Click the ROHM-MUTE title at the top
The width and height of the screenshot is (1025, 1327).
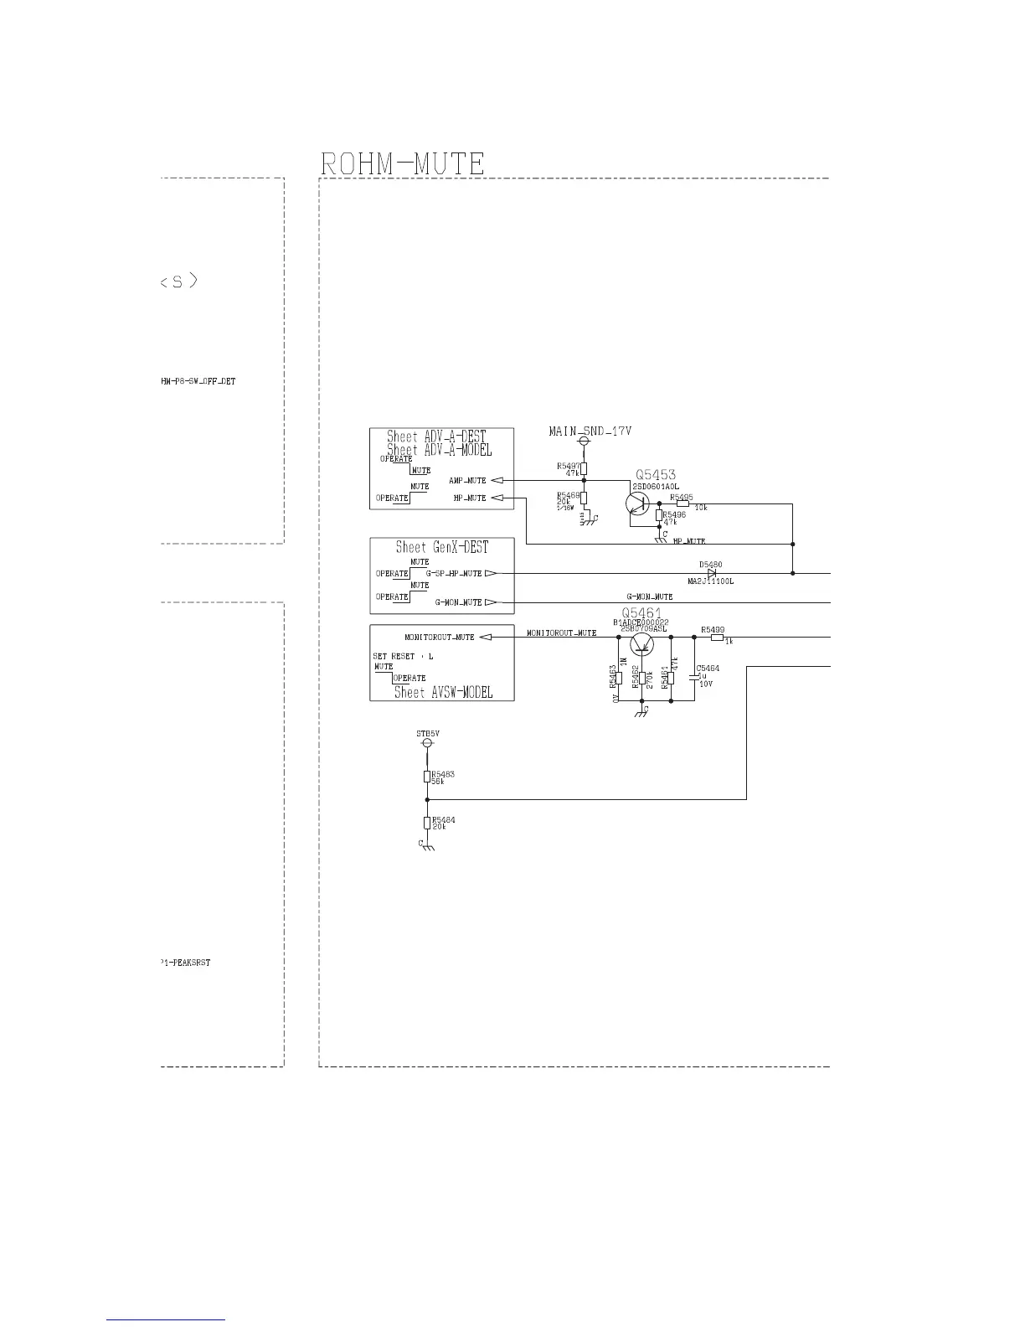tap(403, 163)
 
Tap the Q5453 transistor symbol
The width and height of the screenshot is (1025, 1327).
tap(638, 503)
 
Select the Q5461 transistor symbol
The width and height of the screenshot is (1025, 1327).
tap(642, 644)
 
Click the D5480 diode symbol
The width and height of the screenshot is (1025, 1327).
tap(712, 573)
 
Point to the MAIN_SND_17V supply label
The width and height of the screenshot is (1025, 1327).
tap(590, 431)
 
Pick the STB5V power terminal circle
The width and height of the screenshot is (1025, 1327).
tap(427, 743)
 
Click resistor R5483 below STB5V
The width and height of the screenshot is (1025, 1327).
tap(427, 777)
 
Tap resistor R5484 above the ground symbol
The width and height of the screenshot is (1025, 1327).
tap(427, 823)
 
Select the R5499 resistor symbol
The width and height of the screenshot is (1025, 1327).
tap(717, 638)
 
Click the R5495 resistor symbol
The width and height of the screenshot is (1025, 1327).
tap(682, 503)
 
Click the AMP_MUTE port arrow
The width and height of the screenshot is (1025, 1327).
tap(497, 480)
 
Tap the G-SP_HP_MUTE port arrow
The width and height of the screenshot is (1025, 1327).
tap(491, 573)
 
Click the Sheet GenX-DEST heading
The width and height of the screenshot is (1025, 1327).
tap(441, 547)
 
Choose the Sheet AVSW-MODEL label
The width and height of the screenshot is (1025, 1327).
tap(443, 692)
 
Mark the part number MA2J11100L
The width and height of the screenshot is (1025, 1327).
tap(710, 581)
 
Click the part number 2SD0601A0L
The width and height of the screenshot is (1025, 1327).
tap(655, 487)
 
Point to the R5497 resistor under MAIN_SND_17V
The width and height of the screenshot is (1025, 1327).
tap(584, 468)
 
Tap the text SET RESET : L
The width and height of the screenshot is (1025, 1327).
tap(403, 656)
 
